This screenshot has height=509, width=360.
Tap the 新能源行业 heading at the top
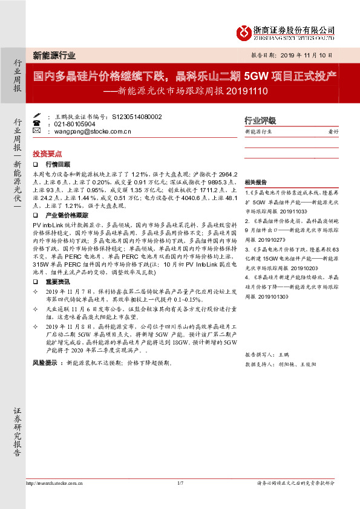pyautogui.click(x=54, y=56)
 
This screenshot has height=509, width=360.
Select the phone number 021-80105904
pyautogui.click(x=79, y=123)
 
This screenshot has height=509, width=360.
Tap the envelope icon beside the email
pyautogui.click(x=37, y=131)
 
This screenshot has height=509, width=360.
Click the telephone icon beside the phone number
pyautogui.click(x=37, y=123)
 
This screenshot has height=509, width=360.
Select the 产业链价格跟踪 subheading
pyautogui.click(x=67, y=215)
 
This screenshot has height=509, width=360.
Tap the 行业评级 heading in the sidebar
pyautogui.click(x=260, y=120)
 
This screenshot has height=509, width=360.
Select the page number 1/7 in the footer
pyautogui.click(x=180, y=482)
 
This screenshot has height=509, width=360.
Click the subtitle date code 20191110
pyautogui.click(x=245, y=92)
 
